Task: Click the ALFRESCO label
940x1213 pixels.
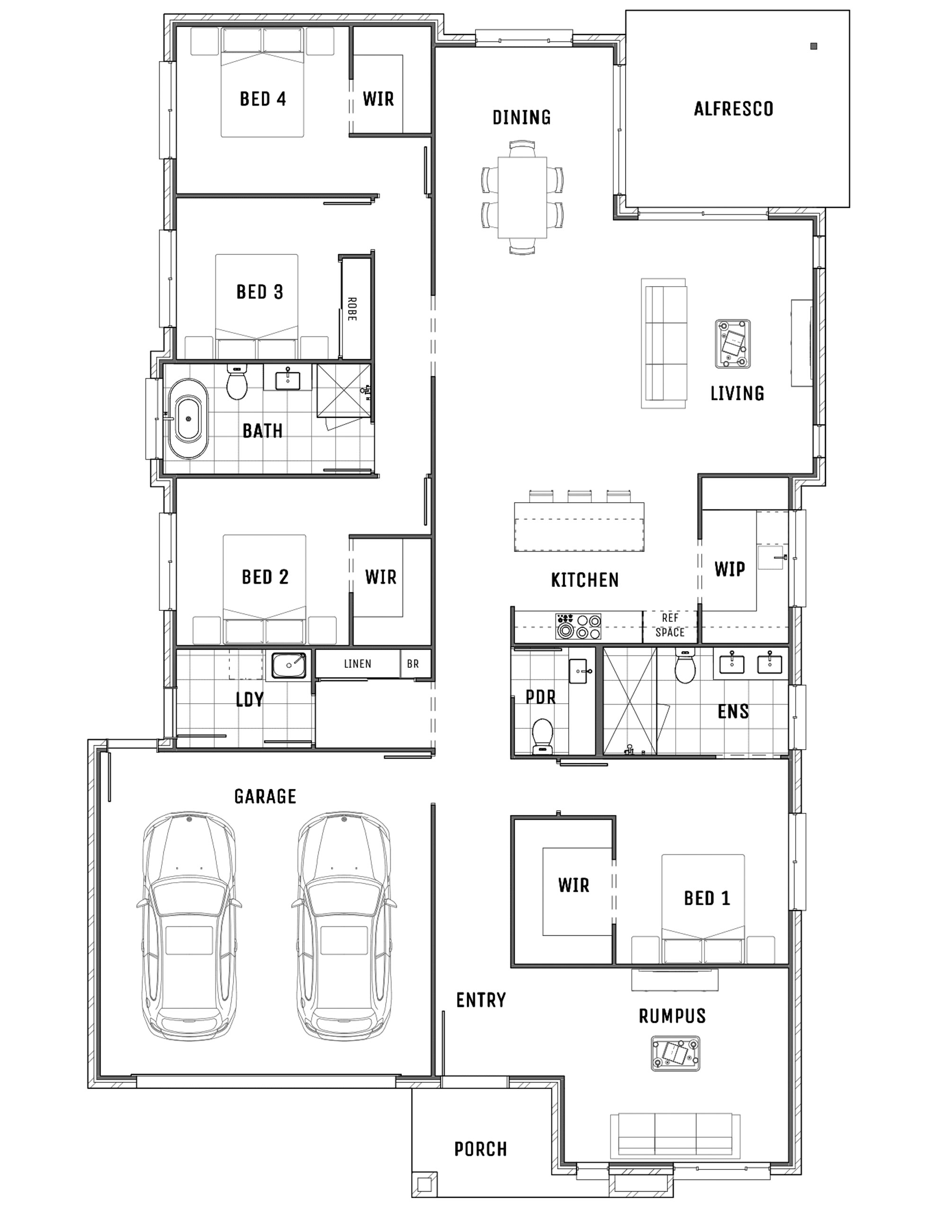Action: click(734, 109)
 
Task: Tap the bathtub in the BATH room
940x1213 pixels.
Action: click(189, 419)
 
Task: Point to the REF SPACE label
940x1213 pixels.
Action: click(670, 625)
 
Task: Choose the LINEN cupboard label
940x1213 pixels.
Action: click(358, 664)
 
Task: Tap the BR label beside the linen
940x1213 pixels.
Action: click(413, 664)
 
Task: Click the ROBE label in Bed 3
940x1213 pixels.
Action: click(351, 309)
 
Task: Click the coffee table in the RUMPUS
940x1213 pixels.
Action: click(675, 1052)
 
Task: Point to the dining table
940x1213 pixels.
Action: click(522, 197)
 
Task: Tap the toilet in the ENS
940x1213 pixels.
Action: click(685, 667)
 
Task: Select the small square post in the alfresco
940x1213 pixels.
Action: click(814, 46)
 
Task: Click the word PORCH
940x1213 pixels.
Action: click(481, 1149)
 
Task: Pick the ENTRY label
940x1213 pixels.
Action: click(481, 1000)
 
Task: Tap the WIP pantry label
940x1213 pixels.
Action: click(730, 569)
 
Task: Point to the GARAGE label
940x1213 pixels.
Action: click(265, 797)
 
